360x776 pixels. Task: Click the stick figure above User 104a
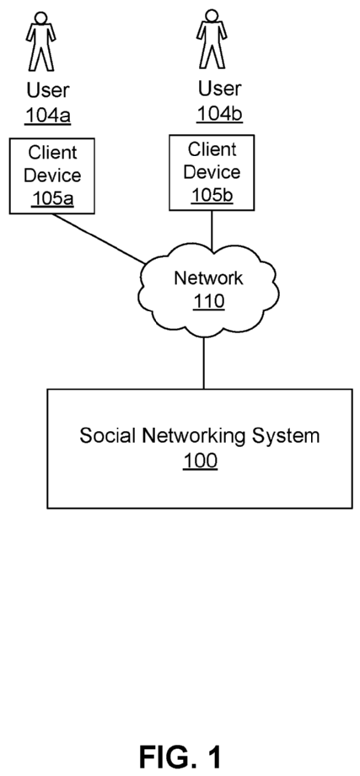(x=41, y=41)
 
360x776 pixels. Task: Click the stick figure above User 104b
(x=212, y=39)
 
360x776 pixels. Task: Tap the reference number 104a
(x=48, y=116)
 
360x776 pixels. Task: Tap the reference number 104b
(x=219, y=114)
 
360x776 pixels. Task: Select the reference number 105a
(x=52, y=198)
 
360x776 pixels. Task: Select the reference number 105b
(x=212, y=196)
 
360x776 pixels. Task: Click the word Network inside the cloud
(x=208, y=278)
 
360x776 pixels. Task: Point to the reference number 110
(x=209, y=301)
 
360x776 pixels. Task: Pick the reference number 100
(x=201, y=461)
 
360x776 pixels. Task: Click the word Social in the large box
(x=108, y=437)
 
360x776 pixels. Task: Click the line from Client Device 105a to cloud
(x=99, y=239)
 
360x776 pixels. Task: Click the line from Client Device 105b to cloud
(x=212, y=230)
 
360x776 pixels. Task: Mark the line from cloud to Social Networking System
(x=203, y=363)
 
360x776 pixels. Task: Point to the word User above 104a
(x=48, y=90)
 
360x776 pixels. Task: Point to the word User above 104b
(x=220, y=89)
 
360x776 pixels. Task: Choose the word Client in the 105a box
(x=52, y=153)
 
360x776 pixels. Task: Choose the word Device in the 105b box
(x=212, y=172)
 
